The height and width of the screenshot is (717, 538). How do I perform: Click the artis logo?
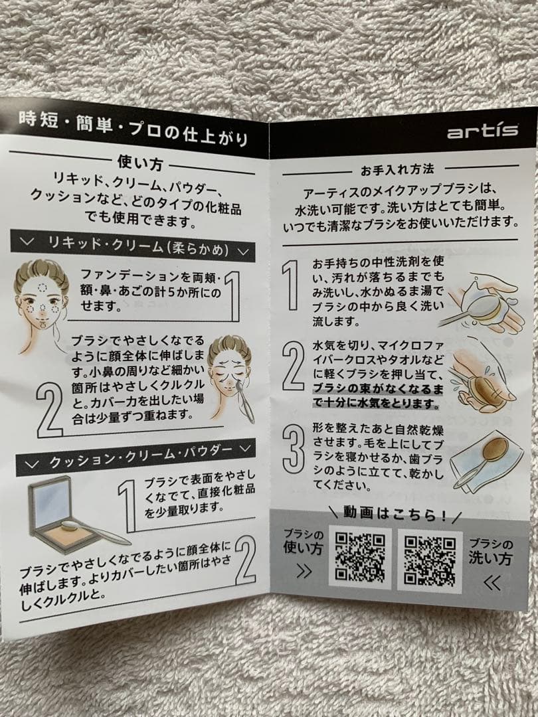tap(482, 131)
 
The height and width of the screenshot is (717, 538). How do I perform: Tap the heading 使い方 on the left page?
tap(139, 162)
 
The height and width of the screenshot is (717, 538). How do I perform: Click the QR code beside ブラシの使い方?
tap(359, 558)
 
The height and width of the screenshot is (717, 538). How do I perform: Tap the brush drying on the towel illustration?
tap(485, 458)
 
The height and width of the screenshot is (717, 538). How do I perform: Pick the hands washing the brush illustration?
tap(482, 302)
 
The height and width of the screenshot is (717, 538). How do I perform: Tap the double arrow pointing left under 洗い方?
tap(492, 582)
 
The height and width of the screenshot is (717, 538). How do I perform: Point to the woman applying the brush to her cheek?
tap(229, 372)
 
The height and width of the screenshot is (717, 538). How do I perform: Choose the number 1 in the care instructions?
tap(291, 284)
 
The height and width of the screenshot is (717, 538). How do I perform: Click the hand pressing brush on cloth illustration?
tap(482, 378)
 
